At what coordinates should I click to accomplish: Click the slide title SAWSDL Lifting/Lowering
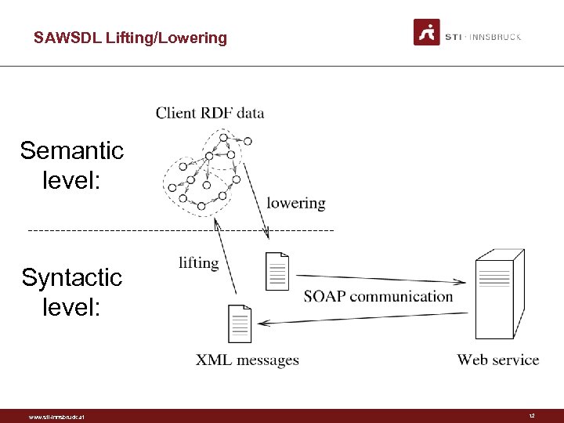(x=130, y=38)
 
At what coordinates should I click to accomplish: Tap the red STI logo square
(x=426, y=32)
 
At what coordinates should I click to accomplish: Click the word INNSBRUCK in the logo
(x=494, y=37)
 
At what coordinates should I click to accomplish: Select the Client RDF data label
(x=210, y=113)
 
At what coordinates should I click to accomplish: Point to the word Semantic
(x=72, y=150)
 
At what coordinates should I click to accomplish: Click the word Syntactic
(x=72, y=277)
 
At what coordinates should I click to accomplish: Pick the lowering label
(x=295, y=203)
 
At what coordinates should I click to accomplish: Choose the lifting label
(x=198, y=262)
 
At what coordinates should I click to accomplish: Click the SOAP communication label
(x=378, y=296)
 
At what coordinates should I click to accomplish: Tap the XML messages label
(x=248, y=360)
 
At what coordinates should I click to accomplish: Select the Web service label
(x=498, y=360)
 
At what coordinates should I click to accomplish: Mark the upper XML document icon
(x=277, y=271)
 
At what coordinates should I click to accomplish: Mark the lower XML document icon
(x=239, y=323)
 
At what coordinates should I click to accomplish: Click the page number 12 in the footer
(x=532, y=416)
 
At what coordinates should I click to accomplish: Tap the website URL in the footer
(x=56, y=417)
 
